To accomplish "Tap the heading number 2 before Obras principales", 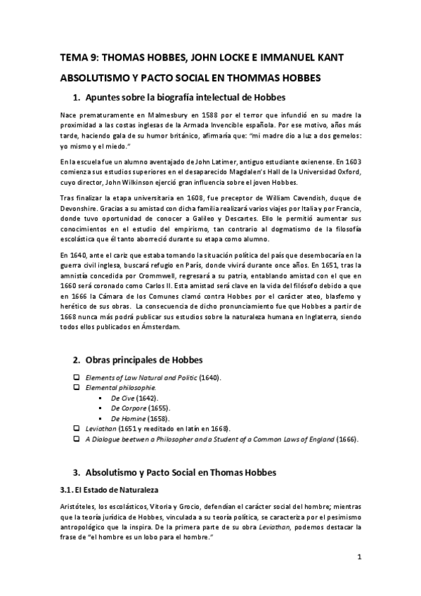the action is click(x=76, y=361).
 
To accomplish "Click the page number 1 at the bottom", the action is click(x=359, y=557).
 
